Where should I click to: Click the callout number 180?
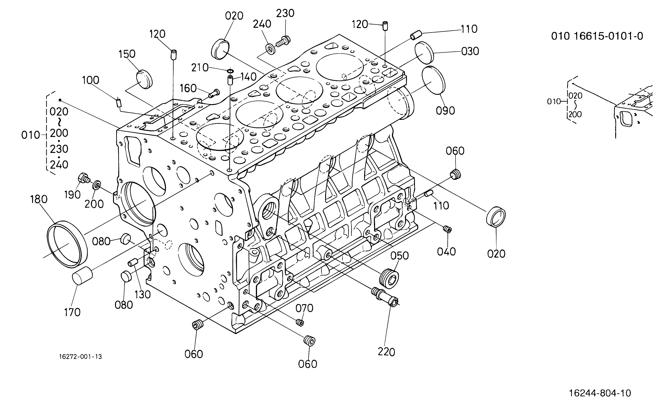39,199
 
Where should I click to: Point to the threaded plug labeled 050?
389,279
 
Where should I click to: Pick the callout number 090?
445,111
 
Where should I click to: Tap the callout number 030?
470,51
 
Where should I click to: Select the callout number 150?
127,54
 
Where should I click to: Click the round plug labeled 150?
144,79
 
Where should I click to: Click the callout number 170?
72,312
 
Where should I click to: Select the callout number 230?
285,13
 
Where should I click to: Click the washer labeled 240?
270,49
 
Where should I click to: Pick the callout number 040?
446,252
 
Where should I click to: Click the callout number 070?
304,308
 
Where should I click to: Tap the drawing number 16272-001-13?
80,357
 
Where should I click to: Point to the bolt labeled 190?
84,178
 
